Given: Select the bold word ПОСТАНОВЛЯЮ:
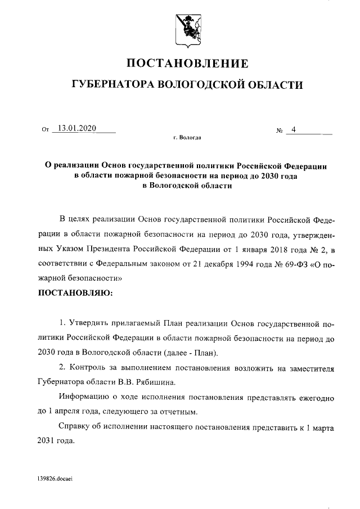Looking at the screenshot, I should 75,293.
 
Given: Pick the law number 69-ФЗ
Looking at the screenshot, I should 291,263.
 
